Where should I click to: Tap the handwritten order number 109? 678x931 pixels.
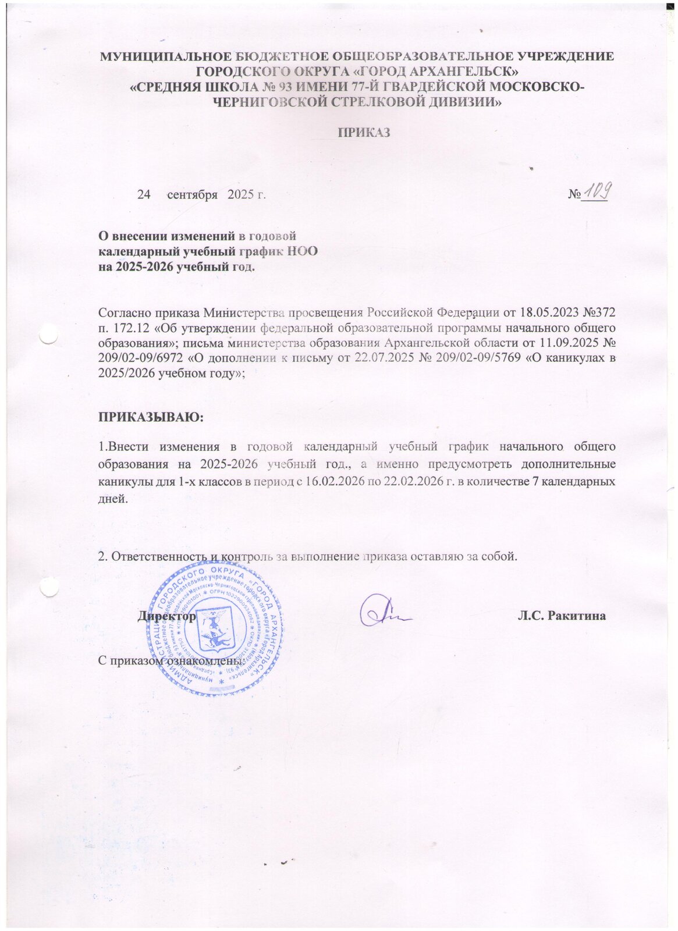(594, 191)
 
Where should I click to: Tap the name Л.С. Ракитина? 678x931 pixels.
(562, 616)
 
